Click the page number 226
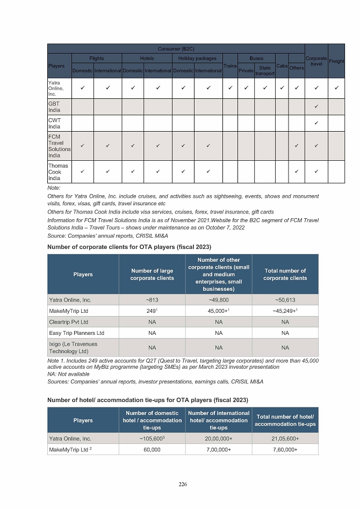pos(183,484)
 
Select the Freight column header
pos(336,61)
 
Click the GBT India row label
pos(54,106)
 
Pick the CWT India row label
pos(54,123)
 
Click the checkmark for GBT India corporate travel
pos(316,106)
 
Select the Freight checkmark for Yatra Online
pos(337,87)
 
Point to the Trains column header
pos(230,66)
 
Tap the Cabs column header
pos(282,66)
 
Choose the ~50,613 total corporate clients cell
pos(285,300)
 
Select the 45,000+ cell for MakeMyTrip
pos(219,311)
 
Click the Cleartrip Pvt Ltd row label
pos(68,322)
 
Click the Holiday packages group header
pos(197,58)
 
